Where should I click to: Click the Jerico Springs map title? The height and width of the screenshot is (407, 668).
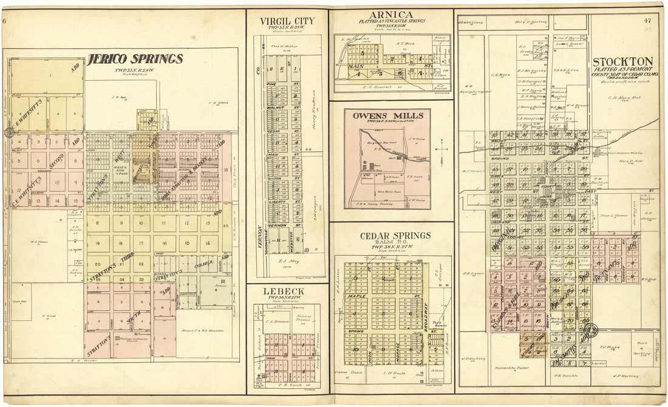tap(135, 59)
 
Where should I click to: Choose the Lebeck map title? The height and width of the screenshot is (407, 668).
tap(284, 292)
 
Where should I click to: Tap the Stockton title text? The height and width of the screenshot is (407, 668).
tap(622, 61)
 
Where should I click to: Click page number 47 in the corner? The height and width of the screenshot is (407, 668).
tap(648, 21)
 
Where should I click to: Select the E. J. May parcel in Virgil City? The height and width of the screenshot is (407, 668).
tap(295, 261)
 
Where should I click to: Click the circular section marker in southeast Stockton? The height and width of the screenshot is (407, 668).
tap(590, 331)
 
